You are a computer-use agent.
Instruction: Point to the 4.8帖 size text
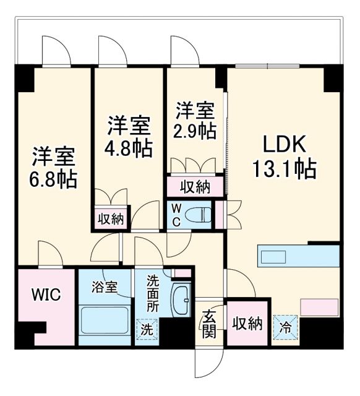(129, 149)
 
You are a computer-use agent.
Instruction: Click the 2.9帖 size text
(195, 131)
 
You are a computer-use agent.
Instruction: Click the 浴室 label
(103, 288)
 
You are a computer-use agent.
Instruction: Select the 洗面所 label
(152, 295)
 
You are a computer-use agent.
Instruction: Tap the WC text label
(176, 215)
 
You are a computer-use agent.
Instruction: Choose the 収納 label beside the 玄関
(247, 322)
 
